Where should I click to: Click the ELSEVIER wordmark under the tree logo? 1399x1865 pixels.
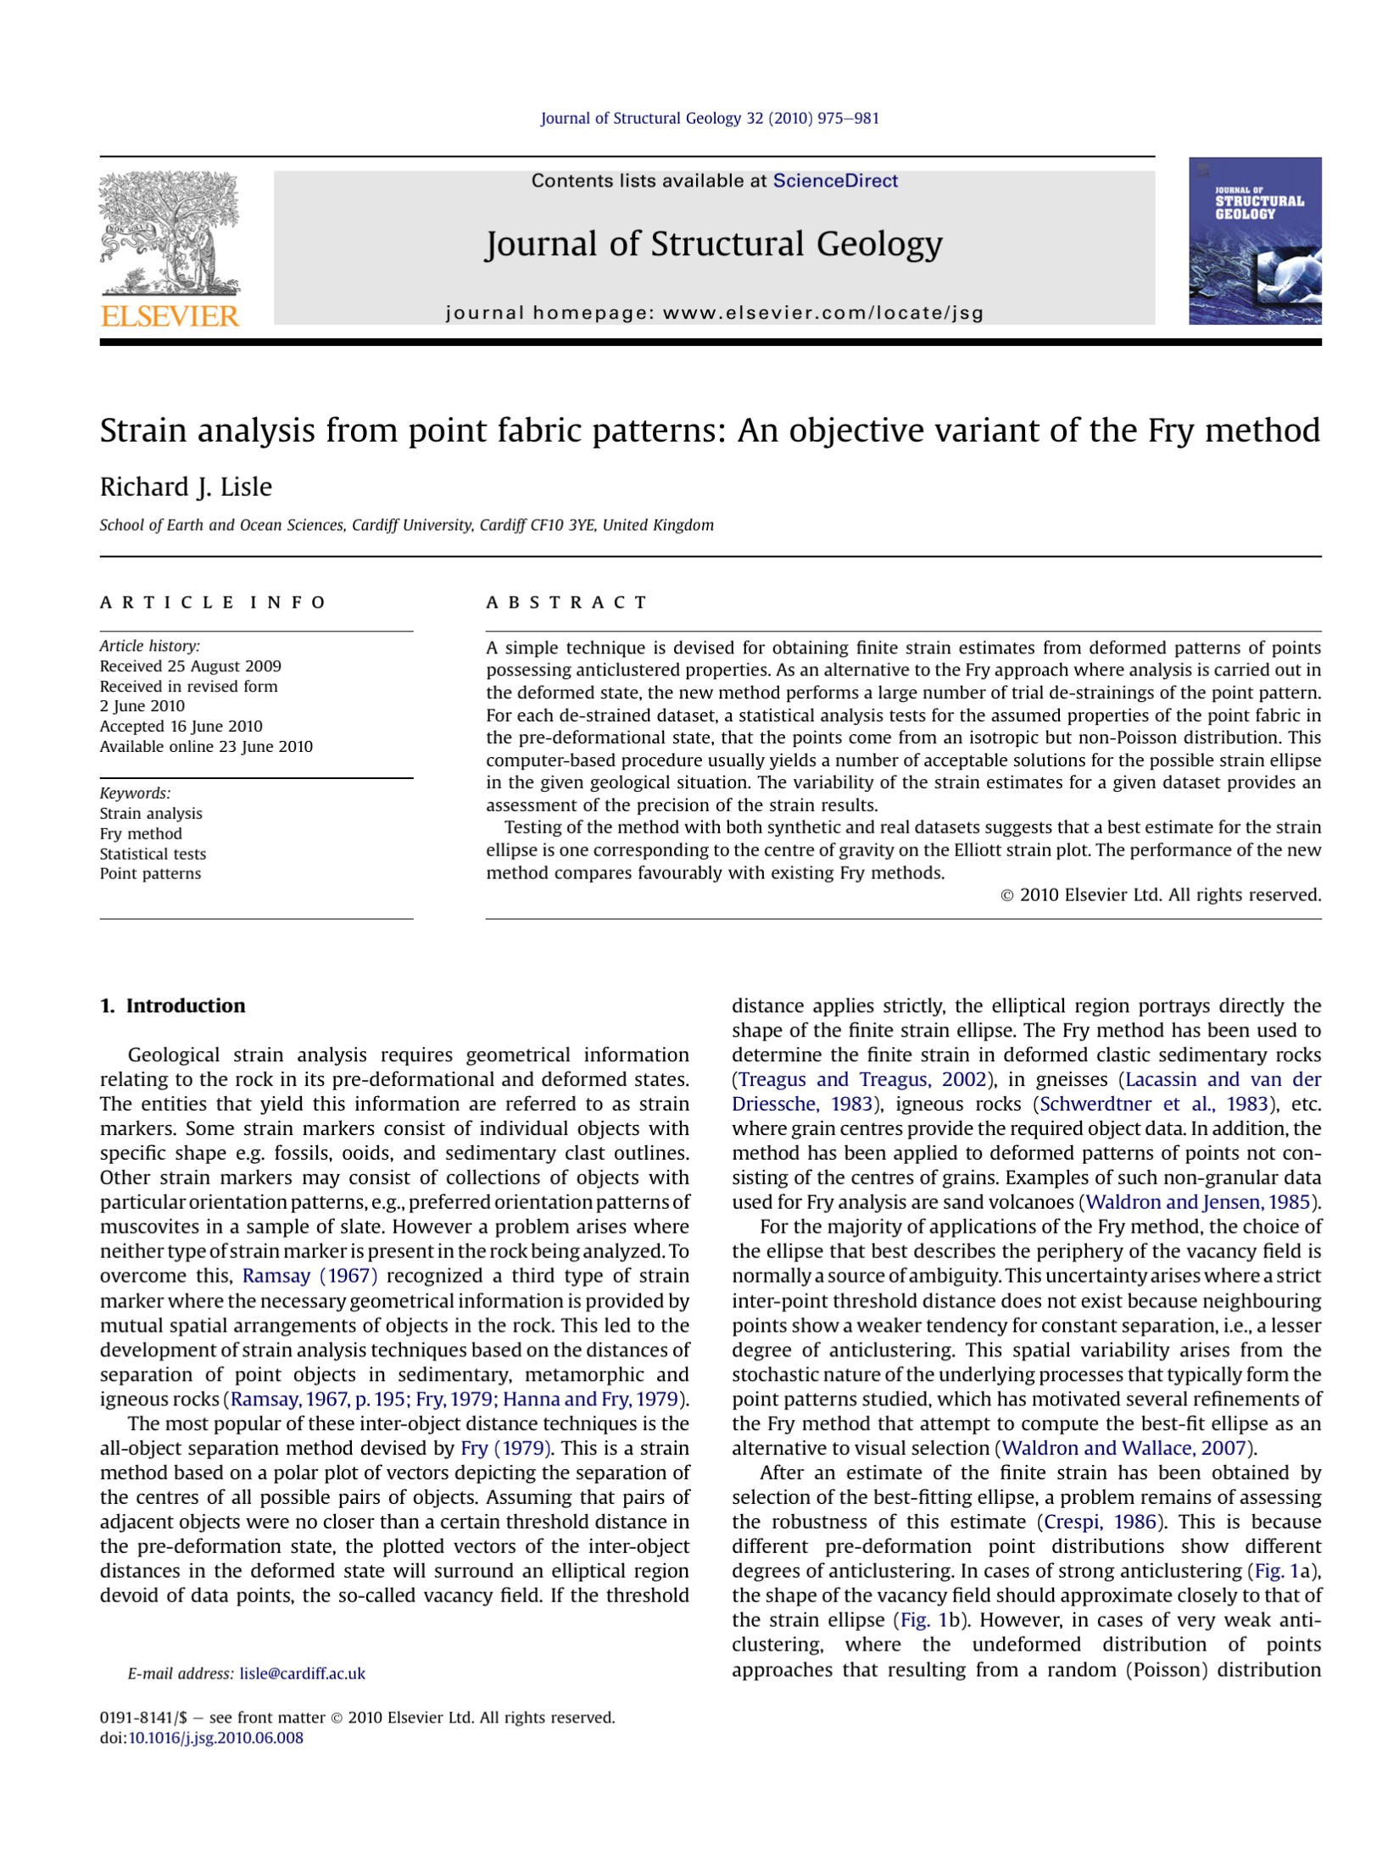[x=170, y=316]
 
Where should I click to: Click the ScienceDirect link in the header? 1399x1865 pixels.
[x=834, y=181]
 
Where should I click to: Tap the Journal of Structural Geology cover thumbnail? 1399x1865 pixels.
[x=1254, y=241]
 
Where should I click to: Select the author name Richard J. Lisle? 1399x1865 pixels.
[x=186, y=487]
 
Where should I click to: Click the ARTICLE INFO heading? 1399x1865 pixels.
[x=213, y=603]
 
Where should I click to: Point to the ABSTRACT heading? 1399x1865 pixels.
[x=566, y=603]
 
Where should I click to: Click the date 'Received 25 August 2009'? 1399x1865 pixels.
[x=190, y=666]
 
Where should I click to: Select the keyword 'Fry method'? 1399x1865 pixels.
[x=141, y=833]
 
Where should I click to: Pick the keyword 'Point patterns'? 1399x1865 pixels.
[x=150, y=873]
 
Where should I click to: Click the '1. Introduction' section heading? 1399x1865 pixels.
[x=172, y=1005]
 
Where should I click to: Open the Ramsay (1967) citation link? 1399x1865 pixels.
[x=309, y=1276]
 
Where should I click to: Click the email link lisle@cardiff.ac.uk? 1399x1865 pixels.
[x=302, y=1673]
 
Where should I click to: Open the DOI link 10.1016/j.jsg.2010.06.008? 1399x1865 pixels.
[x=215, y=1738]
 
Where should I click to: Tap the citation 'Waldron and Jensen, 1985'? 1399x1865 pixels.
[x=1198, y=1202]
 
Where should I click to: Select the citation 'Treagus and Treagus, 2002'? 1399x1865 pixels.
[x=862, y=1079]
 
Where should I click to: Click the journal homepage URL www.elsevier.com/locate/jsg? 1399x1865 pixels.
[x=822, y=313]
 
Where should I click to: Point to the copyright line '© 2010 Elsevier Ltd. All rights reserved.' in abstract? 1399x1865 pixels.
[x=1161, y=894]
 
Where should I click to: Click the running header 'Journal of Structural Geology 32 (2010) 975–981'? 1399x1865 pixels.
[x=710, y=119]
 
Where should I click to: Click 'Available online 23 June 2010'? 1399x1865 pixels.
[x=206, y=747]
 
